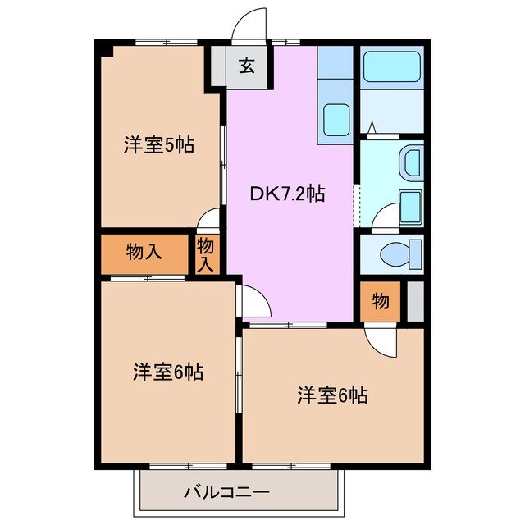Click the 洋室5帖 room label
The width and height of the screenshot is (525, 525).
click(158, 146)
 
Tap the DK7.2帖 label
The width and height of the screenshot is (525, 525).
click(287, 194)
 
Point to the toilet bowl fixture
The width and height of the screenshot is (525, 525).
click(397, 254)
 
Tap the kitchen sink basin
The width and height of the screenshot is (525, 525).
click(336, 120)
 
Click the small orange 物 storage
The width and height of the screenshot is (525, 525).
click(381, 302)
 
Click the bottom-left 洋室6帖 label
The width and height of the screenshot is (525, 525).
click(168, 372)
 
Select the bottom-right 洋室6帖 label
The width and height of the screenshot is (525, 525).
click(331, 395)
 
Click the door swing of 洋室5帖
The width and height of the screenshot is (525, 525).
click(209, 219)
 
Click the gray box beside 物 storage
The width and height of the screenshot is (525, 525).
click(415, 301)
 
